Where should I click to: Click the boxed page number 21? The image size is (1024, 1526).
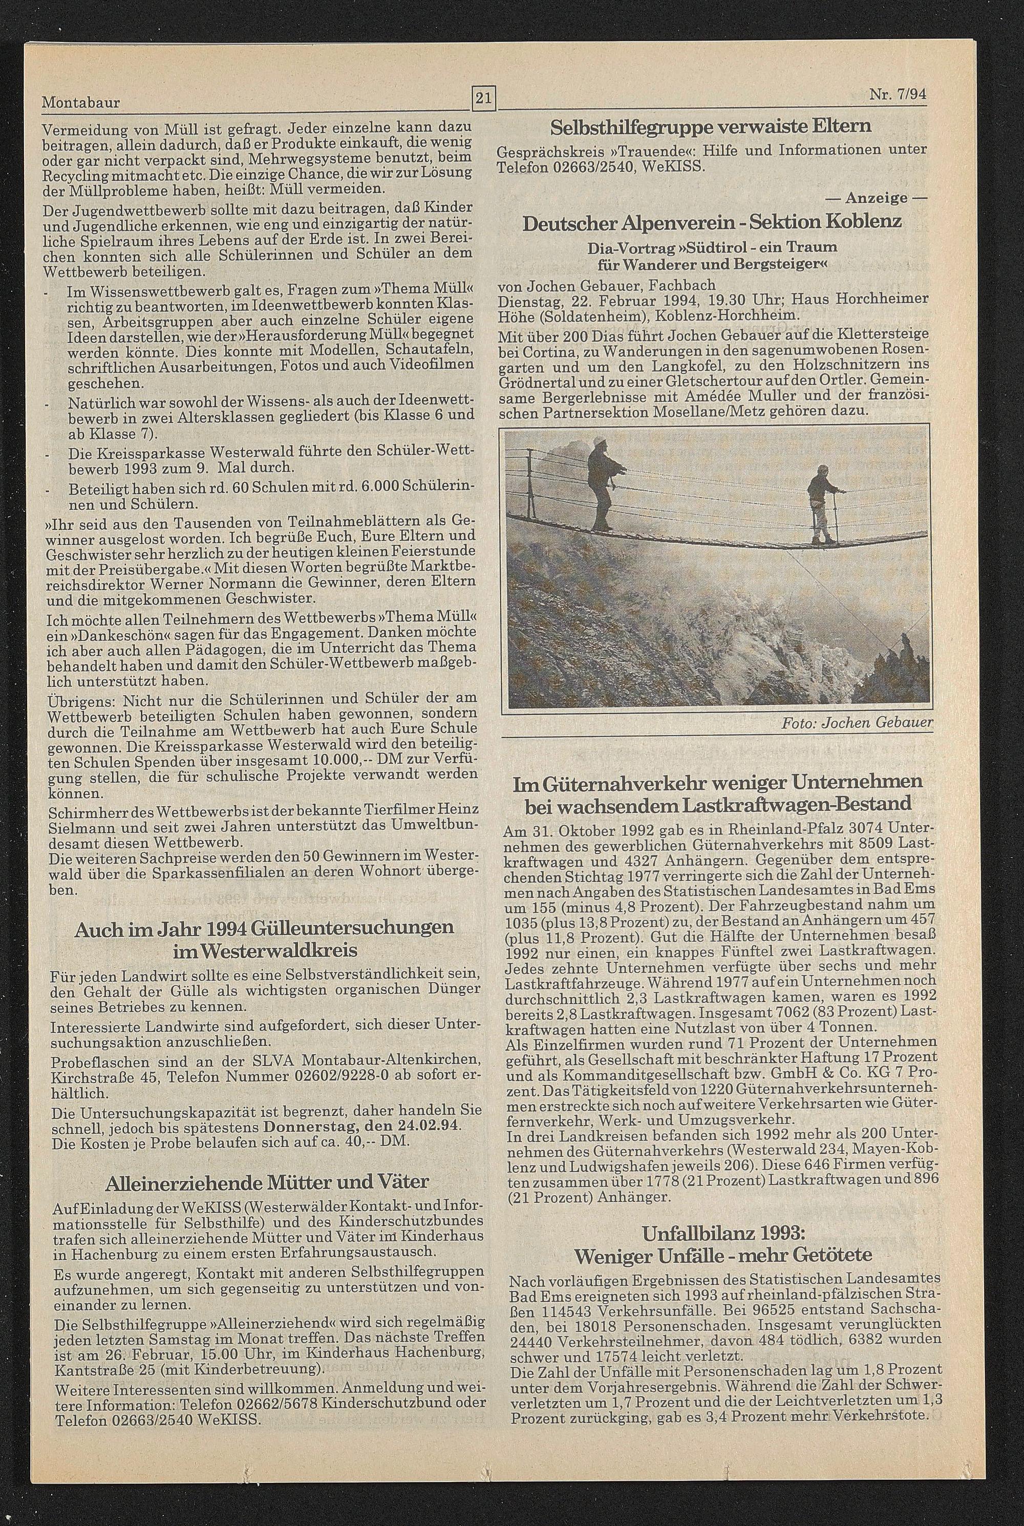484,99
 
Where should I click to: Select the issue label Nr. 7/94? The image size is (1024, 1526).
898,95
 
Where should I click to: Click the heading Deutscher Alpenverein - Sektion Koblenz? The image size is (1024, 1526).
712,222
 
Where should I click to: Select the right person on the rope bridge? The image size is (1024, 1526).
820,503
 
